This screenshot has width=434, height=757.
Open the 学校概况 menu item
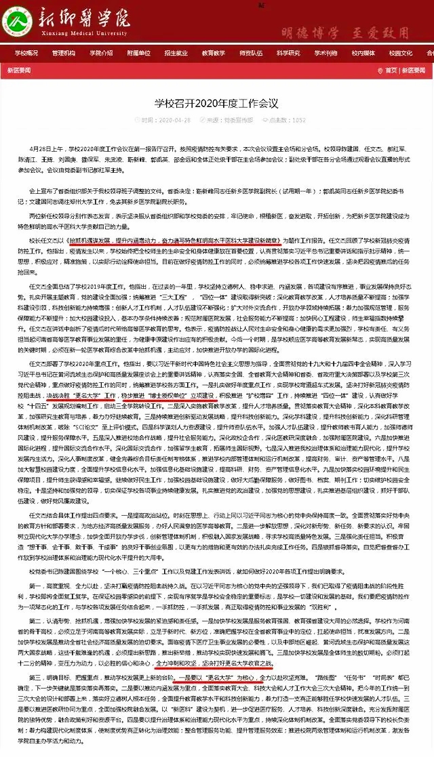coord(26,53)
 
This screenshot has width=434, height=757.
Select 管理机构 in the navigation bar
coord(64,53)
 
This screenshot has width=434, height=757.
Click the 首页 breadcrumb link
coord(391,70)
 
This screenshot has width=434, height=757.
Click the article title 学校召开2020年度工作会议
coord(216,104)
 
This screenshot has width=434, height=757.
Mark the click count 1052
coord(299,121)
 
